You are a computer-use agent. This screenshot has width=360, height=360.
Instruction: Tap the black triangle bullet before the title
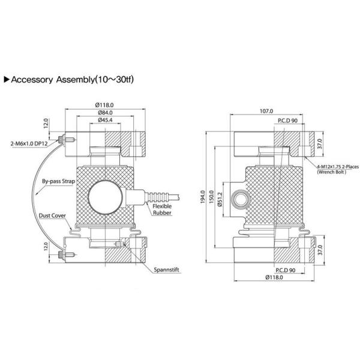click(x=7, y=79)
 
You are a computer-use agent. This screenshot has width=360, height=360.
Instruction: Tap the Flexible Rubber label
click(x=164, y=209)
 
